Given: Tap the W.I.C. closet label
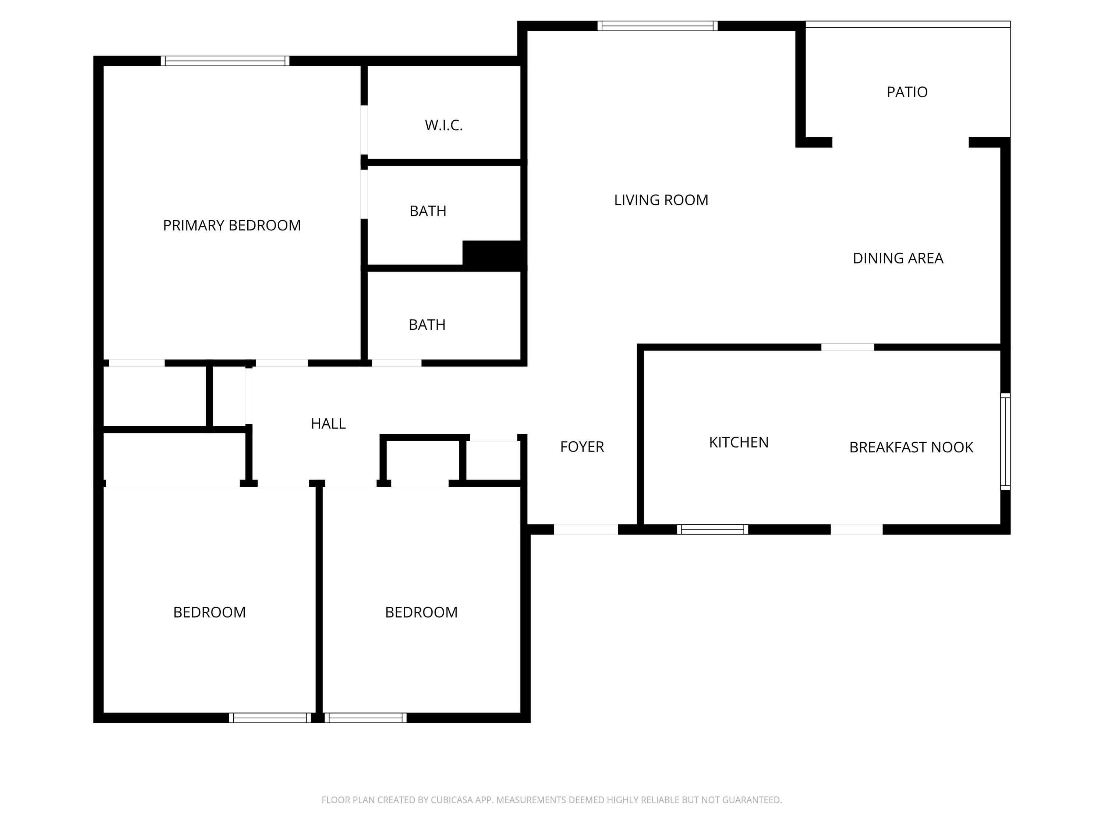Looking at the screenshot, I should click(x=444, y=125).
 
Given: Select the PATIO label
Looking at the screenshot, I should click(x=907, y=92).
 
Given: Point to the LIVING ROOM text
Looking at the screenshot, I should click(x=661, y=200).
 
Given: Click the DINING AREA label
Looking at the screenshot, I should click(x=898, y=259).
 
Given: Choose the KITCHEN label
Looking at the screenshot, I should click(x=739, y=442).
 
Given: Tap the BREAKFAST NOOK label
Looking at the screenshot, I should click(x=911, y=447).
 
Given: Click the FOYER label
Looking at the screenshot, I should click(x=582, y=447).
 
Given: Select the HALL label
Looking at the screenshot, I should click(x=328, y=424).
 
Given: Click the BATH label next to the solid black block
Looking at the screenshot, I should click(x=428, y=211).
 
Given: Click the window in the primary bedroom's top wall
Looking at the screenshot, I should click(x=224, y=61).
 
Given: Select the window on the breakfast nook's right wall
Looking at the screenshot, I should click(x=1005, y=441).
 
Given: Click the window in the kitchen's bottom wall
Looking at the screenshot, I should click(x=712, y=530).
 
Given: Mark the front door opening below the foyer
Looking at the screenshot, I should click(x=586, y=530).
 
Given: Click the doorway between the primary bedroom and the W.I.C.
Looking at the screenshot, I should click(x=364, y=130).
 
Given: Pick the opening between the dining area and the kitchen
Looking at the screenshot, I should click(x=848, y=347).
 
